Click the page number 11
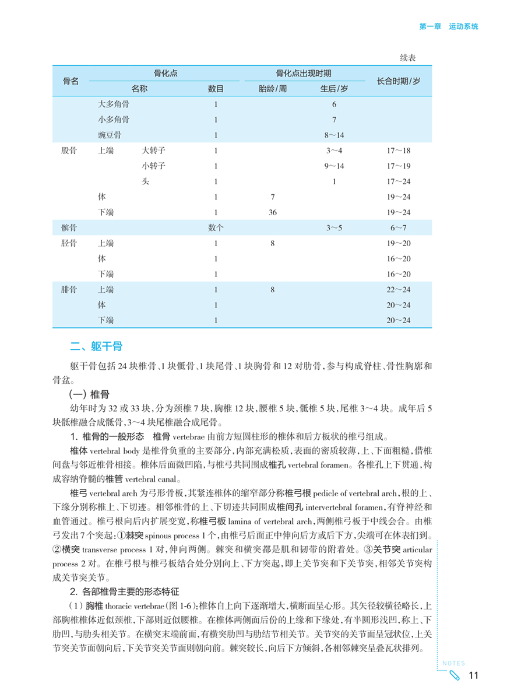click(x=473, y=675)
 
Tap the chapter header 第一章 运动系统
click(x=448, y=27)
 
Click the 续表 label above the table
click(x=411, y=58)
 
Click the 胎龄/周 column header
click(x=272, y=89)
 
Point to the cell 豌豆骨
click(x=110, y=135)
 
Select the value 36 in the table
click(x=273, y=212)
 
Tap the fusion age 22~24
click(x=399, y=289)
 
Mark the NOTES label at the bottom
click(x=453, y=663)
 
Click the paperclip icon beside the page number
click(x=455, y=675)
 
